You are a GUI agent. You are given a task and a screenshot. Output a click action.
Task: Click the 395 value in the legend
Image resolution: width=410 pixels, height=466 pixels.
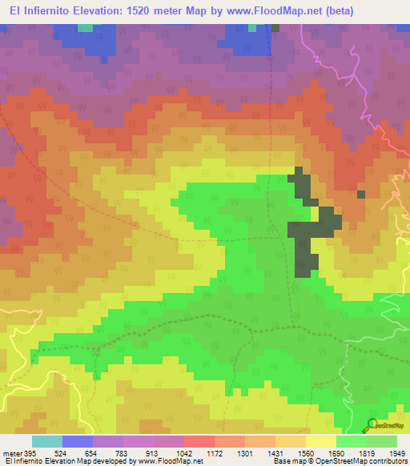tap(29, 453)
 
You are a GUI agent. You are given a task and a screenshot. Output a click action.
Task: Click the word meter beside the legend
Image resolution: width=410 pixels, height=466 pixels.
tap(10, 453)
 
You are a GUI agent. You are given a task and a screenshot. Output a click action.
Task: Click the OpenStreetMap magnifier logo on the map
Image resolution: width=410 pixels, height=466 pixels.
tap(372, 425)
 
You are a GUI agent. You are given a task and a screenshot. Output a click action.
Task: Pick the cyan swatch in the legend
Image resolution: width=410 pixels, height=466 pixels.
tap(46, 441)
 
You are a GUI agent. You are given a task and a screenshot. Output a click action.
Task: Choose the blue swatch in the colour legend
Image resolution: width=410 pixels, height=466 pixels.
tap(77, 441)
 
